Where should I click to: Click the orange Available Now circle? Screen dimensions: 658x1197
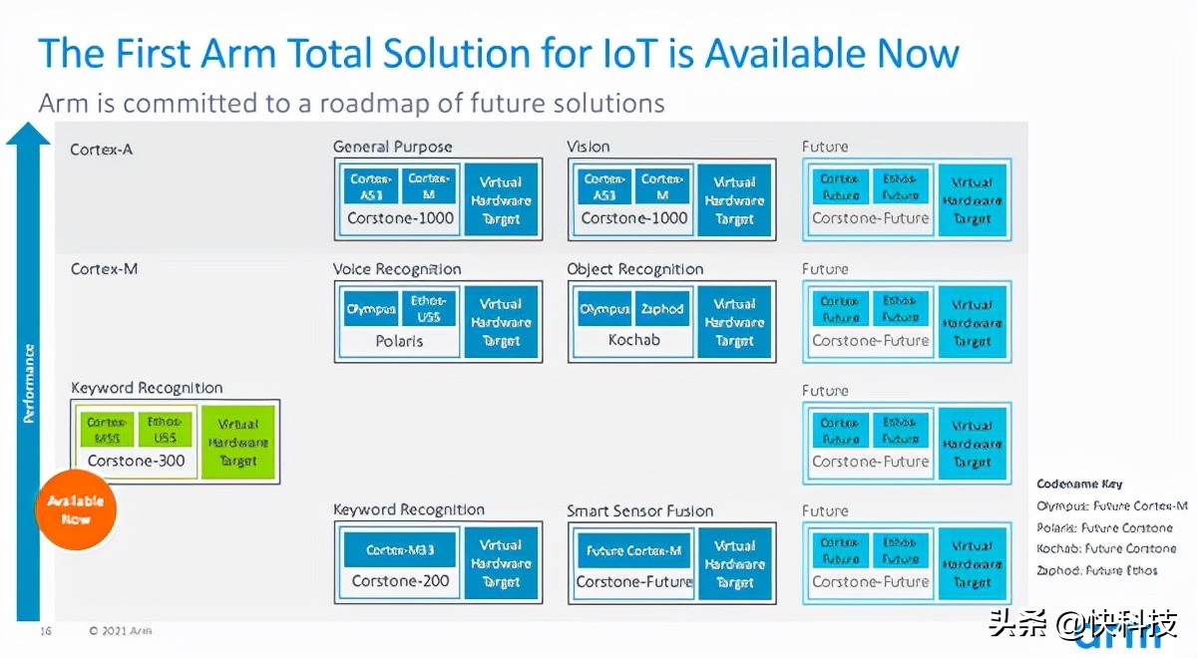(x=76, y=509)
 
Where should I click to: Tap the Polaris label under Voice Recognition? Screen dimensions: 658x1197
(x=399, y=341)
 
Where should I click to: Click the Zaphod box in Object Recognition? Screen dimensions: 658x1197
(x=662, y=309)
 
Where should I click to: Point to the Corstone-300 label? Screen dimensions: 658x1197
(x=133, y=461)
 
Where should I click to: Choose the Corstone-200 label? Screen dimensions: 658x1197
(x=400, y=580)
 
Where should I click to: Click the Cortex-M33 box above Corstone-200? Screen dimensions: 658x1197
(x=399, y=550)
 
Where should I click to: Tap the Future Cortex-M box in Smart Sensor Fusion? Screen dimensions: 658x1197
(x=633, y=550)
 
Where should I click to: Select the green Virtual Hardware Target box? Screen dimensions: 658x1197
(x=238, y=442)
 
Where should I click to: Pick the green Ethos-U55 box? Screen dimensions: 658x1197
(x=164, y=430)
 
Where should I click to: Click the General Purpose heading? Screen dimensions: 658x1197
(x=392, y=147)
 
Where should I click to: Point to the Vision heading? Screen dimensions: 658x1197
(x=588, y=147)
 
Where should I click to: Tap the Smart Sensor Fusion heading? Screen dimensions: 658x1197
(x=639, y=510)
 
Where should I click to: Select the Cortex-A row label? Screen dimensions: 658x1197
(x=101, y=150)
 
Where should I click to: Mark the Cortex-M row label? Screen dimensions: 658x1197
(x=104, y=269)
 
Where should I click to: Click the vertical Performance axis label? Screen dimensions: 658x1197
(x=29, y=383)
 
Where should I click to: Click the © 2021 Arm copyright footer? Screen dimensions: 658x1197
(x=120, y=630)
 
